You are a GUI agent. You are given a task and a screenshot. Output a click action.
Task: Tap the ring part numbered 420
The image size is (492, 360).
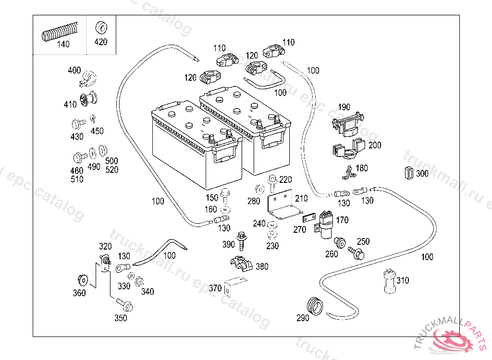tap(101, 27)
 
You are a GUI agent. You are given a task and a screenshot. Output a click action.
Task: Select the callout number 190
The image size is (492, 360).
tap(344, 107)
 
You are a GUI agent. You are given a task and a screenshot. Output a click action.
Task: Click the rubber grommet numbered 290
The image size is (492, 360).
tap(314, 306)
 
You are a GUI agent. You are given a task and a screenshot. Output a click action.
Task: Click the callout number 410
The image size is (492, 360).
tap(70, 105)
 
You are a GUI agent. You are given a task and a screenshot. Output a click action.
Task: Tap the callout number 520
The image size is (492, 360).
tap(112, 169)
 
